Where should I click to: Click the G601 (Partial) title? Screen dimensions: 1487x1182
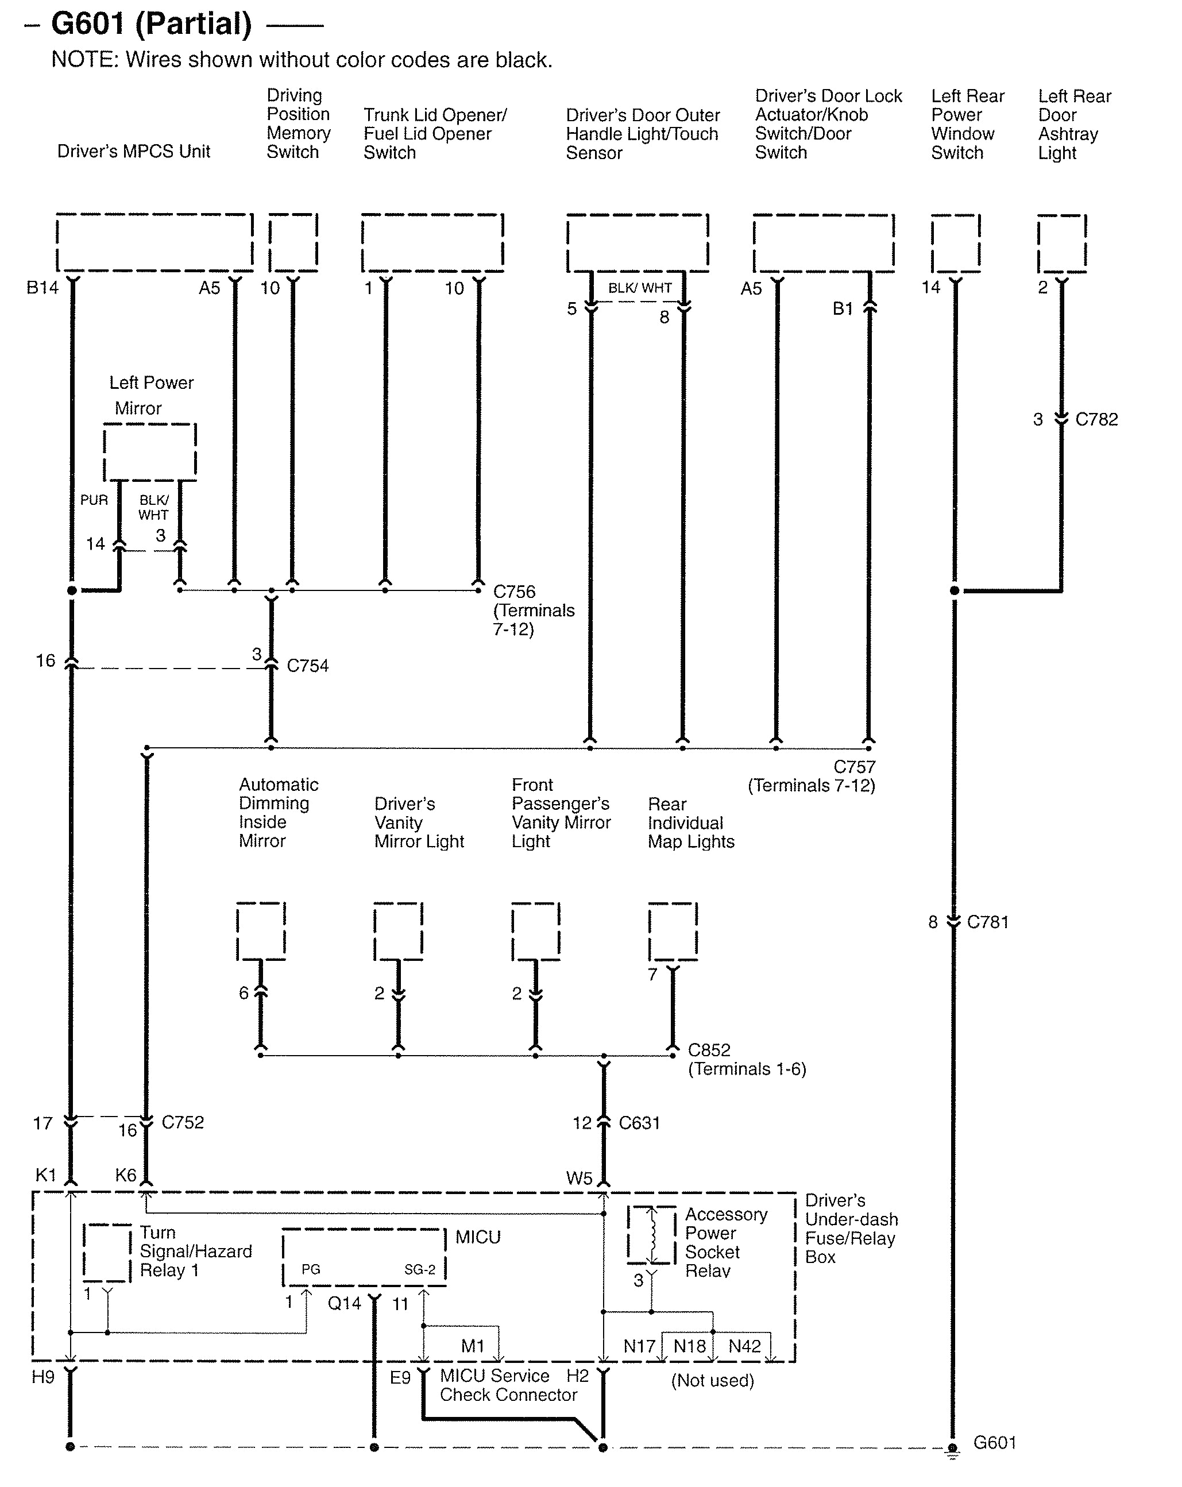point(152,24)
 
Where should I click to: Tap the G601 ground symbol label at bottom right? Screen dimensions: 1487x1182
point(994,1442)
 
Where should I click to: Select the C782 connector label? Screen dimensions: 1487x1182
point(1096,419)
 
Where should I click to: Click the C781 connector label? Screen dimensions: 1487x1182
point(987,922)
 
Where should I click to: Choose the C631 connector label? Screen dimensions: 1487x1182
point(639,1123)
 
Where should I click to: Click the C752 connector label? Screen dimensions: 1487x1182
point(182,1122)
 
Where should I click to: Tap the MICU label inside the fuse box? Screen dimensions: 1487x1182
point(477,1237)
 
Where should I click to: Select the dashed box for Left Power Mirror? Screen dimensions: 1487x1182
point(150,452)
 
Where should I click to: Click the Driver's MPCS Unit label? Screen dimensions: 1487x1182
point(133,152)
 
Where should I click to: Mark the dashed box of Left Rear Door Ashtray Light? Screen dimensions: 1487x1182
point(1061,243)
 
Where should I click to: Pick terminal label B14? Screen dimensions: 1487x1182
point(42,288)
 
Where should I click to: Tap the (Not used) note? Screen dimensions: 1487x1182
point(712,1380)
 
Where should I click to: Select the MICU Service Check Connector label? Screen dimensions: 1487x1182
point(508,1385)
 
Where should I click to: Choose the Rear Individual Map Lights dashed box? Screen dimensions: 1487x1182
point(673,931)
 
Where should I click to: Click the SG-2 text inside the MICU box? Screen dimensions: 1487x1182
point(419,1269)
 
